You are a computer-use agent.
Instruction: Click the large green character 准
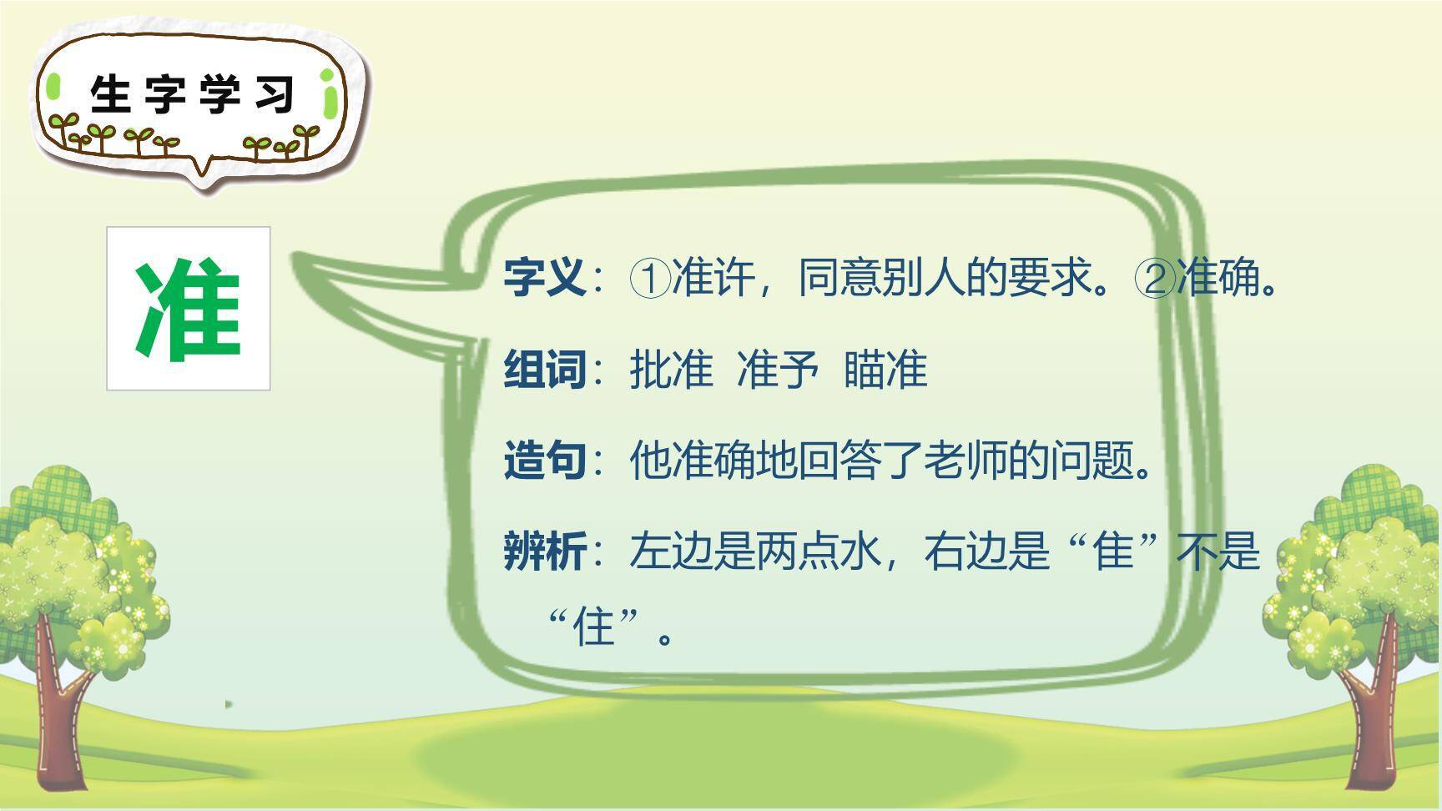pos(189,309)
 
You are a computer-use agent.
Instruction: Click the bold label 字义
pos(544,277)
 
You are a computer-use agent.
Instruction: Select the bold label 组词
pos(544,369)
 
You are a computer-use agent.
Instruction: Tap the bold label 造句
pos(544,460)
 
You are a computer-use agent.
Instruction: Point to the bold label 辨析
pos(544,551)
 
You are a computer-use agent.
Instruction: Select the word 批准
pos(671,369)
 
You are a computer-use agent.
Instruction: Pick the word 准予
pos(777,369)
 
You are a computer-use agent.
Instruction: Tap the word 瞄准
pos(885,369)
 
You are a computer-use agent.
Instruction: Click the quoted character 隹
pos(1113,551)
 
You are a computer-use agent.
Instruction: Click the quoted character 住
pos(594,626)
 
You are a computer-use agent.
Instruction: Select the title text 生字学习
pos(193,93)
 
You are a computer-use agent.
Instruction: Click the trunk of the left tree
pos(63,718)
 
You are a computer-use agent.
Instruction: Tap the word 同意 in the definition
pos(839,277)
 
